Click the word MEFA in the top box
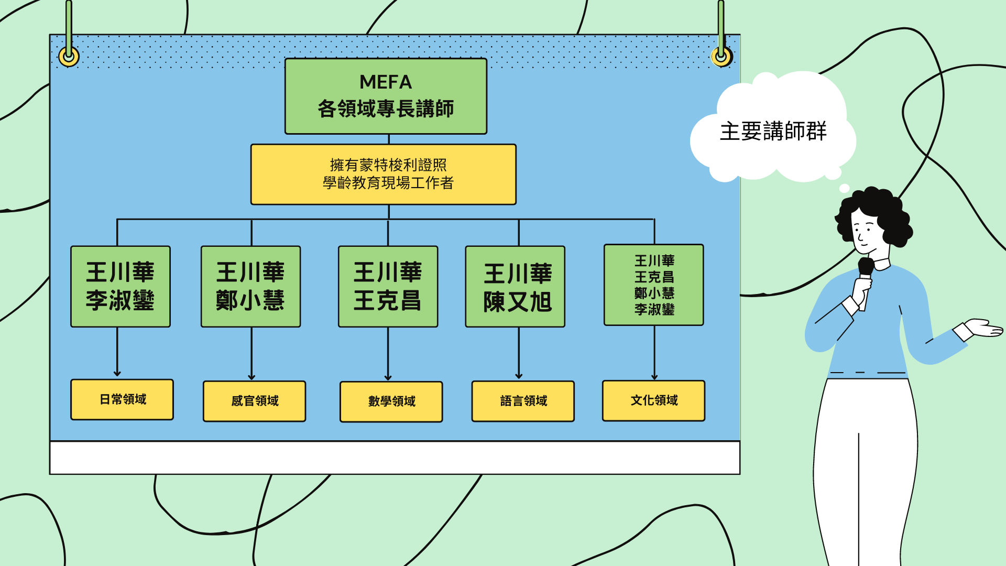(x=386, y=82)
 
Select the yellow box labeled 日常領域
(x=122, y=399)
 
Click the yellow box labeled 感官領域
(x=254, y=401)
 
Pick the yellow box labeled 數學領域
(x=391, y=401)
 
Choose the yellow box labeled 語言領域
(x=523, y=401)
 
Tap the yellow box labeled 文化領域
(x=653, y=400)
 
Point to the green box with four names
(x=653, y=285)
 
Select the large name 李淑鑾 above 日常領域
(x=120, y=300)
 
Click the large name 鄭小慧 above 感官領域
(x=250, y=300)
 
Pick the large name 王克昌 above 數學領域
(x=387, y=300)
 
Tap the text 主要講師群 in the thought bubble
(x=773, y=131)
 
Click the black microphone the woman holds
(x=865, y=267)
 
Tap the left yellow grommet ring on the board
(x=69, y=56)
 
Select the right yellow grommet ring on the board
(x=721, y=56)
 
